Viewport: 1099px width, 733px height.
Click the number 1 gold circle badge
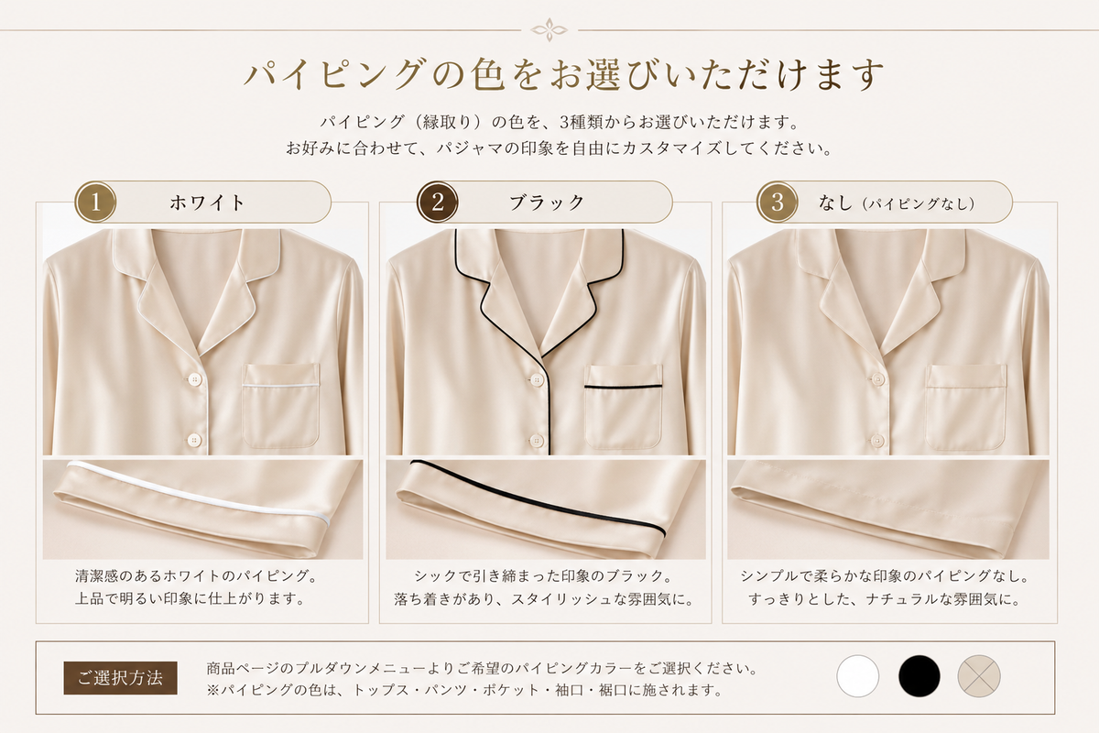point(95,202)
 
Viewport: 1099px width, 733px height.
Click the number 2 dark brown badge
point(437,202)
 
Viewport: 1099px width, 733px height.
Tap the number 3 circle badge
point(778,202)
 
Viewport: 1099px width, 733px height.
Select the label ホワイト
point(207,202)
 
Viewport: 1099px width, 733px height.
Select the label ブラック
point(547,202)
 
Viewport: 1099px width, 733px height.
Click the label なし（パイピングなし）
point(897,202)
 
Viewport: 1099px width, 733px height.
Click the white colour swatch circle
point(857,676)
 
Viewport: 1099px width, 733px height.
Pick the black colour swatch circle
point(919,676)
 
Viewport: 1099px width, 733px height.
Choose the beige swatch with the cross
point(979,676)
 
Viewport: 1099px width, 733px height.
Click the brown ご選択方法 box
point(120,678)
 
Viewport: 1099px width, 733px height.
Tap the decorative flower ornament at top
point(549,30)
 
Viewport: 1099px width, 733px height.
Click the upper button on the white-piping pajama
point(195,379)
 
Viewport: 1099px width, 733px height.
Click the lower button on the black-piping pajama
point(537,441)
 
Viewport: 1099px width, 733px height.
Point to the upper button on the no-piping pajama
point(877,378)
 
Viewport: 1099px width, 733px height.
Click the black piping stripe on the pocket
point(623,387)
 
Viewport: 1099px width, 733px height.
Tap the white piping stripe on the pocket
point(280,387)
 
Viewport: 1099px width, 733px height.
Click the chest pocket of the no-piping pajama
point(966,407)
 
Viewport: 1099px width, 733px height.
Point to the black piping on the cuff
point(539,498)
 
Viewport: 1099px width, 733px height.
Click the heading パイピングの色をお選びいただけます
point(564,74)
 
